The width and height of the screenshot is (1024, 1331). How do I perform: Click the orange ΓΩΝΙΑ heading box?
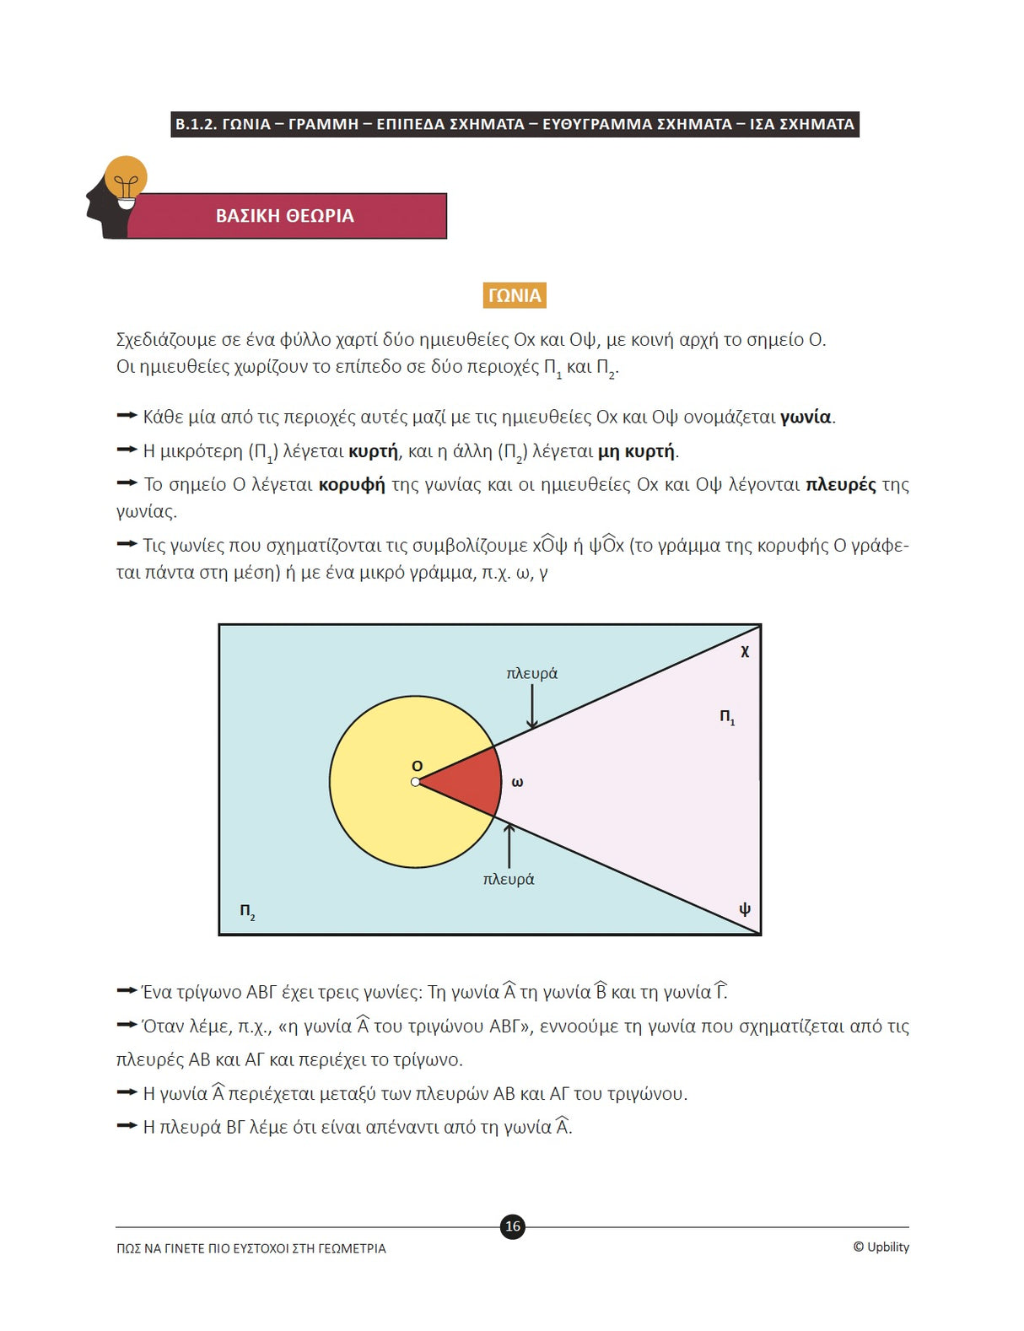pos(514,295)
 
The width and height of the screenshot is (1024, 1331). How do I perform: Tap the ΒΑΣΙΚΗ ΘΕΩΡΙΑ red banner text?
pos(285,216)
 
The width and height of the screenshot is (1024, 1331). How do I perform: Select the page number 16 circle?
pos(513,1226)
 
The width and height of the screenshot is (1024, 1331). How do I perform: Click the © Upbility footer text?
pos(881,1247)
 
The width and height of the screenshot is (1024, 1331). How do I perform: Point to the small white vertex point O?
pos(415,783)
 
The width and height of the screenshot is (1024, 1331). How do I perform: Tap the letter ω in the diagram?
pos(517,783)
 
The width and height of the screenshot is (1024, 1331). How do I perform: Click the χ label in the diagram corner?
pos(745,650)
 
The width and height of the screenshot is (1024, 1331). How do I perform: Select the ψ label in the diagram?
pos(745,908)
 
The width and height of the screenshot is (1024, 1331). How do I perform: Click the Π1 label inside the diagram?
pos(727,717)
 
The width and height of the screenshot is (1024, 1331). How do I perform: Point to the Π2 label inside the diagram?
pos(247,912)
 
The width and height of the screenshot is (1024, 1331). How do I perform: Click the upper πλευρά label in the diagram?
pos(531,673)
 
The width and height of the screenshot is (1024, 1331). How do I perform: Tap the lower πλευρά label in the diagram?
pos(509,879)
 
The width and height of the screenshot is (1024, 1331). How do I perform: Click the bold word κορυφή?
pos(352,485)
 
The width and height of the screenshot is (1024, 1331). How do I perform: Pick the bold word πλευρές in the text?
pos(840,485)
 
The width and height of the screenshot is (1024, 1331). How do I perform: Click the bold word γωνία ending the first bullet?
pos(806,417)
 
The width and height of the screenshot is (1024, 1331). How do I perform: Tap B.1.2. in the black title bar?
pos(196,124)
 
